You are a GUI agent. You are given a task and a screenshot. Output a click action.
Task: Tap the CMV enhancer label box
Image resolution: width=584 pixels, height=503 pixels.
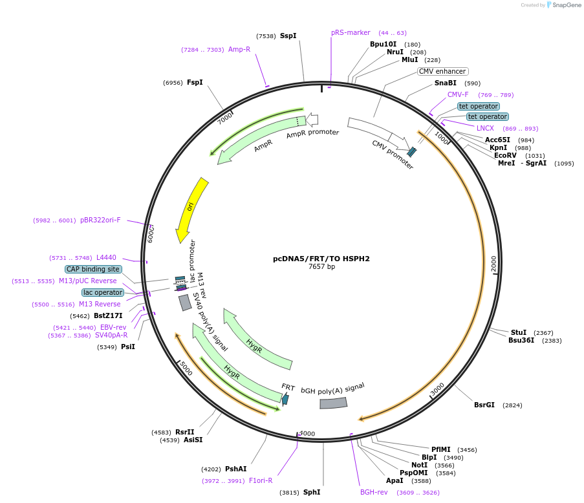[442, 72]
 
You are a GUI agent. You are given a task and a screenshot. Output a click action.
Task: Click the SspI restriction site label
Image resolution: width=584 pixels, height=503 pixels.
[288, 36]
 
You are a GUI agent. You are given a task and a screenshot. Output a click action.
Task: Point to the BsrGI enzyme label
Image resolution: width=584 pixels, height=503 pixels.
[484, 405]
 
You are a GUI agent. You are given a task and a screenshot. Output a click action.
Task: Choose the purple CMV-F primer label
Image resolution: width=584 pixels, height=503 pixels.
[458, 94]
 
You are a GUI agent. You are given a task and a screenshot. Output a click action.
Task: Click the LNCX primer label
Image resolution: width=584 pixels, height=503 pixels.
[485, 128]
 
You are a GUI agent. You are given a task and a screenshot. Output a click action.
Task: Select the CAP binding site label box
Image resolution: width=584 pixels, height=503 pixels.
[92, 269]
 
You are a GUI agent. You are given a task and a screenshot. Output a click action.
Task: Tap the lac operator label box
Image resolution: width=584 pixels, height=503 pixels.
[102, 292]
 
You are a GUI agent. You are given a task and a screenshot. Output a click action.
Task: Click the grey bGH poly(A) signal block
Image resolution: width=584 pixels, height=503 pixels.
[334, 403]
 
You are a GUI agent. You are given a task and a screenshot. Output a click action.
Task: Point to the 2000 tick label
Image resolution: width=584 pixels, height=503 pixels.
[493, 264]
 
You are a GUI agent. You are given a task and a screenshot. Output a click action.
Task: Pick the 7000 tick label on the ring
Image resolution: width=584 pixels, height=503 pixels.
[224, 118]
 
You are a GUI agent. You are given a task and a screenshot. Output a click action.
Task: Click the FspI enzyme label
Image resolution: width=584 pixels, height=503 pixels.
[195, 83]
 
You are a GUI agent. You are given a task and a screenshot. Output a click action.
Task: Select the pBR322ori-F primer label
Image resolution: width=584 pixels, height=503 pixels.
[100, 220]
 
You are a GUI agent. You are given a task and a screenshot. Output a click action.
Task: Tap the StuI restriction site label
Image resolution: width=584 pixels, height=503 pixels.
[519, 332]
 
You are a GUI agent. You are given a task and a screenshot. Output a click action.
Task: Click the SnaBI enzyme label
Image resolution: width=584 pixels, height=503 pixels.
[445, 83]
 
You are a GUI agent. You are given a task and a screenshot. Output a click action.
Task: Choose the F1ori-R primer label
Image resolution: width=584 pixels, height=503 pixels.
[261, 480]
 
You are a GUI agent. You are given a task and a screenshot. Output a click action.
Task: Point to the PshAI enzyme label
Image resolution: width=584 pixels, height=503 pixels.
[235, 469]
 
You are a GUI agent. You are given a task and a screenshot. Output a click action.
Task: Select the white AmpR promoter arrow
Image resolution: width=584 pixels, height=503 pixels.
[312, 119]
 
